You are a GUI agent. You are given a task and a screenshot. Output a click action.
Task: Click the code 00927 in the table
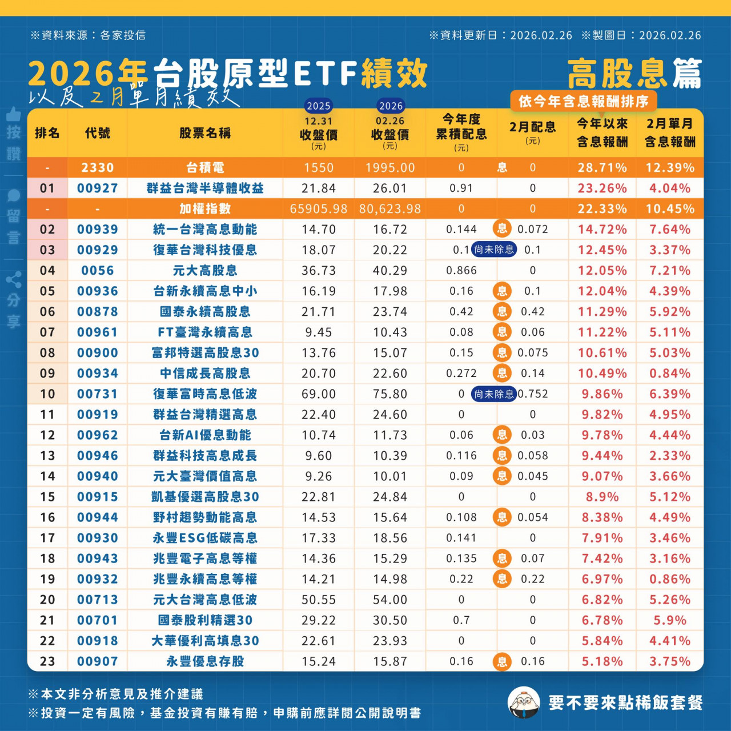click(97, 188)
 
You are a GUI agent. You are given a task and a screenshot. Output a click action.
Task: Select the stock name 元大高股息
click(205, 271)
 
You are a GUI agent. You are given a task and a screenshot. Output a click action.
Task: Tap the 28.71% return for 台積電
click(602, 168)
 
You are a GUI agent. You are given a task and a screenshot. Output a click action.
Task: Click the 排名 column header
click(47, 133)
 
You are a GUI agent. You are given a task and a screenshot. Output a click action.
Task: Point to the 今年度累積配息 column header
click(461, 132)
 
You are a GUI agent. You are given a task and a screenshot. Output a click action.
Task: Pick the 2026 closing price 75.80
click(390, 394)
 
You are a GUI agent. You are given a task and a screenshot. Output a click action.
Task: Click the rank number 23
click(47, 661)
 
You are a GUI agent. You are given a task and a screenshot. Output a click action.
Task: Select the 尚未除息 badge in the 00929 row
click(494, 250)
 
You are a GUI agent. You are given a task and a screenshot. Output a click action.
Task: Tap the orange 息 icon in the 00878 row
click(502, 312)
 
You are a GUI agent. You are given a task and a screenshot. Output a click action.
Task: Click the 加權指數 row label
click(205, 209)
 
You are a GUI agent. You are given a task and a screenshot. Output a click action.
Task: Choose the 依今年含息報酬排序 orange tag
click(583, 102)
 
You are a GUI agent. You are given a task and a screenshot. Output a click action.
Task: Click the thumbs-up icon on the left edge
click(14, 114)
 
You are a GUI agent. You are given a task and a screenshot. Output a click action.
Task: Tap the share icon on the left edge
click(14, 280)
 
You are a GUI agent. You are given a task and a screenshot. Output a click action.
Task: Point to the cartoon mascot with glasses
click(524, 702)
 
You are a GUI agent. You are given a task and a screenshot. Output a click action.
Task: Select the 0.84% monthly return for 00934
click(670, 373)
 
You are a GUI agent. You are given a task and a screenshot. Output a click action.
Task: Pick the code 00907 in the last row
click(97, 661)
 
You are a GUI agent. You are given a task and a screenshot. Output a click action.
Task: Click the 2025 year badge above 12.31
click(319, 106)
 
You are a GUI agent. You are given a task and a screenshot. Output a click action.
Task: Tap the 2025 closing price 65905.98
click(319, 209)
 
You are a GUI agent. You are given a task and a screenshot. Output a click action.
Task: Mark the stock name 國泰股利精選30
click(205, 620)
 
